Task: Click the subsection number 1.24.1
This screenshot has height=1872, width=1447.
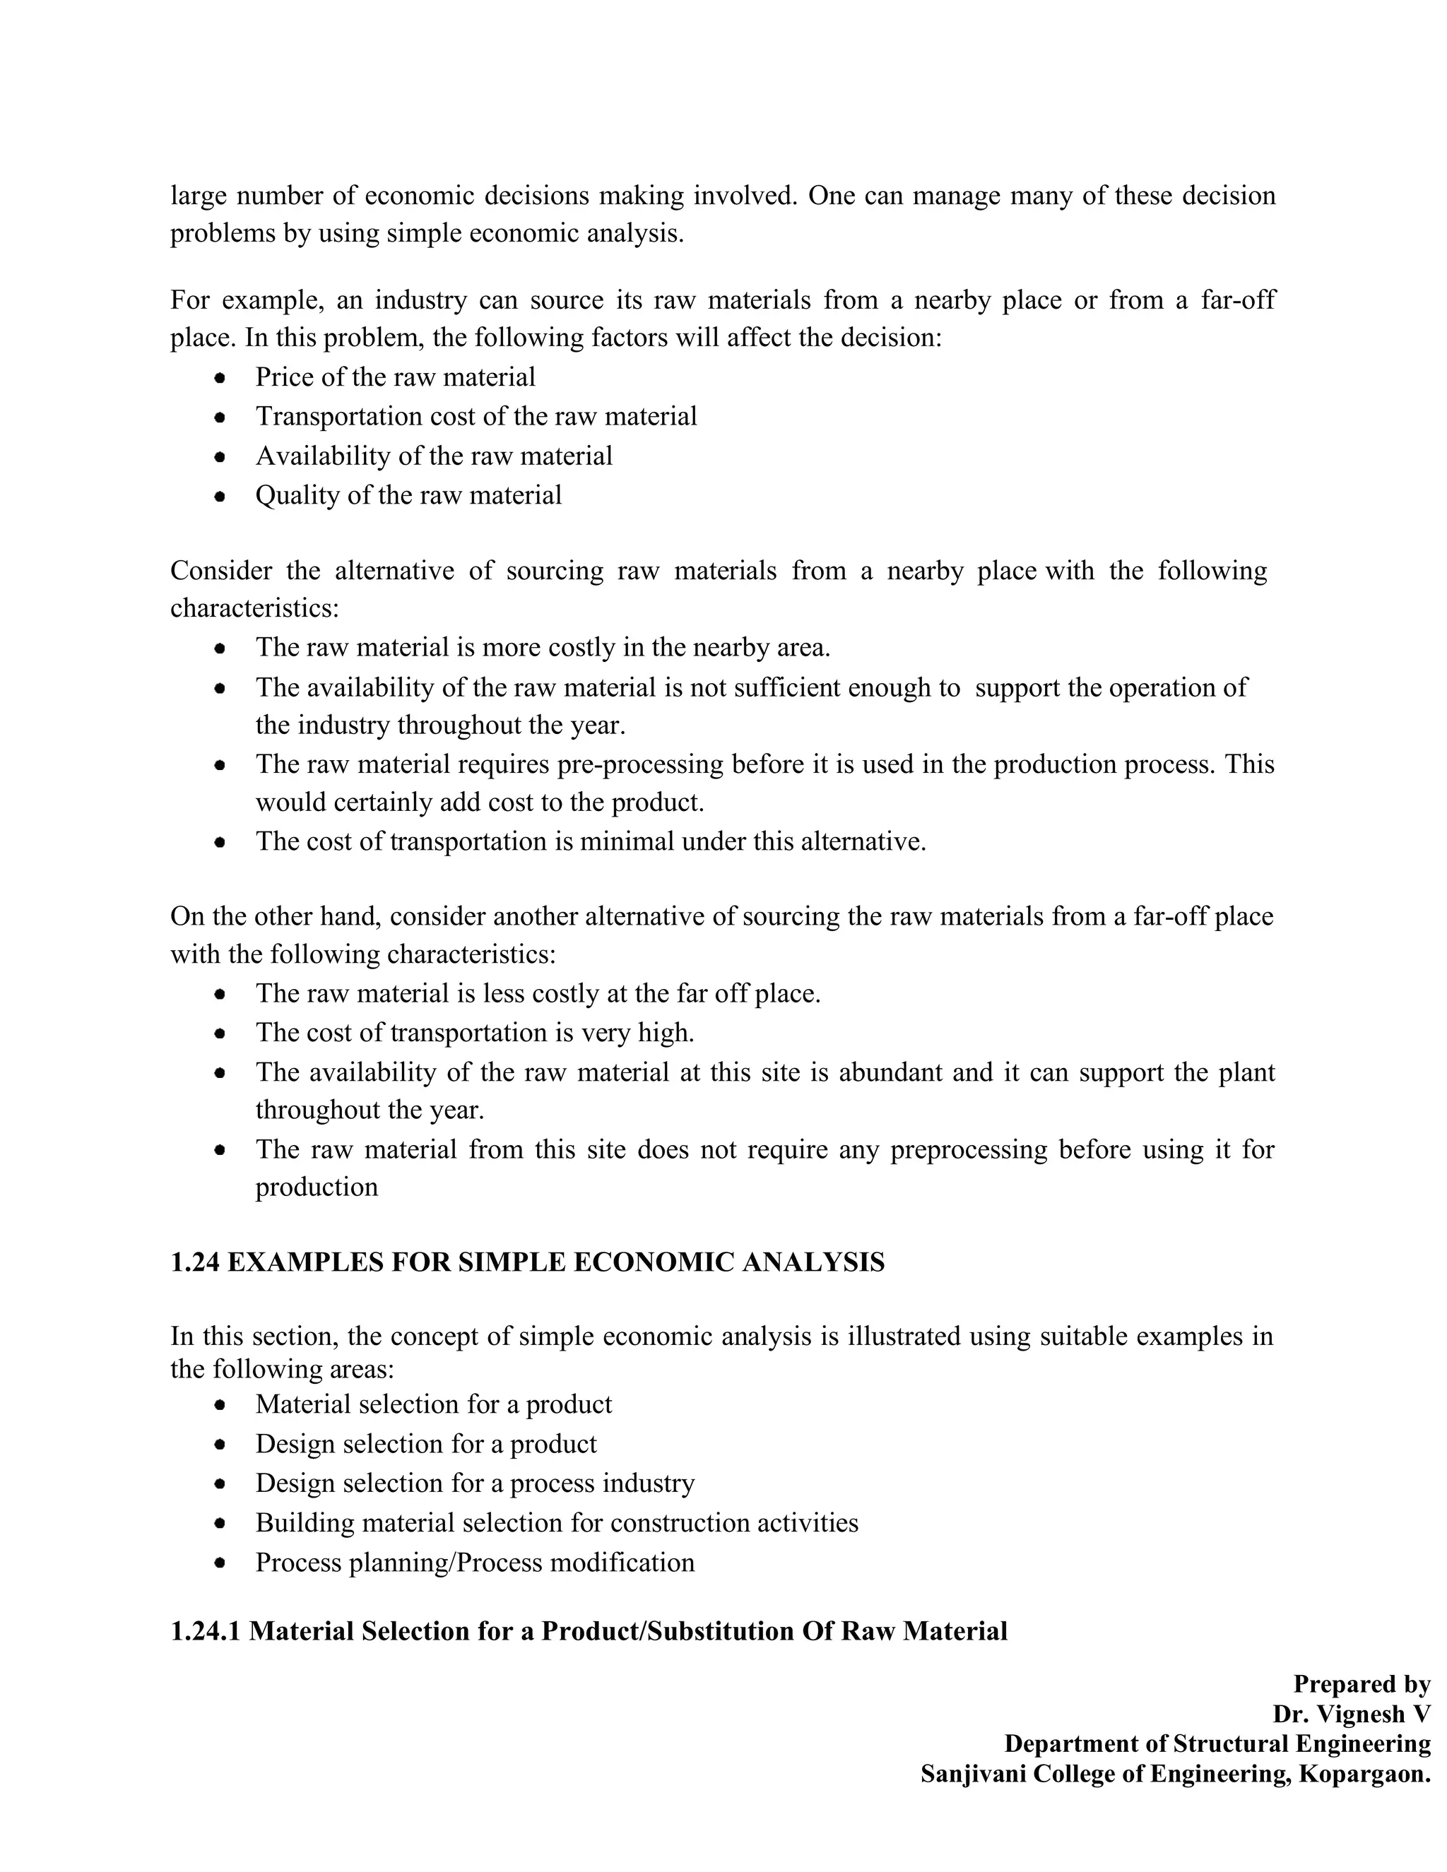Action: click(206, 1631)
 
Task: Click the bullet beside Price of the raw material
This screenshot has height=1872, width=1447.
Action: click(220, 377)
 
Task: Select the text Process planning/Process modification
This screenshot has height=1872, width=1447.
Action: click(475, 1563)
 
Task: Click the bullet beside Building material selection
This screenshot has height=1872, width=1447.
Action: click(220, 1523)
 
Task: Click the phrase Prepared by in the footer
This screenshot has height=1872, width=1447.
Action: click(1362, 1684)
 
